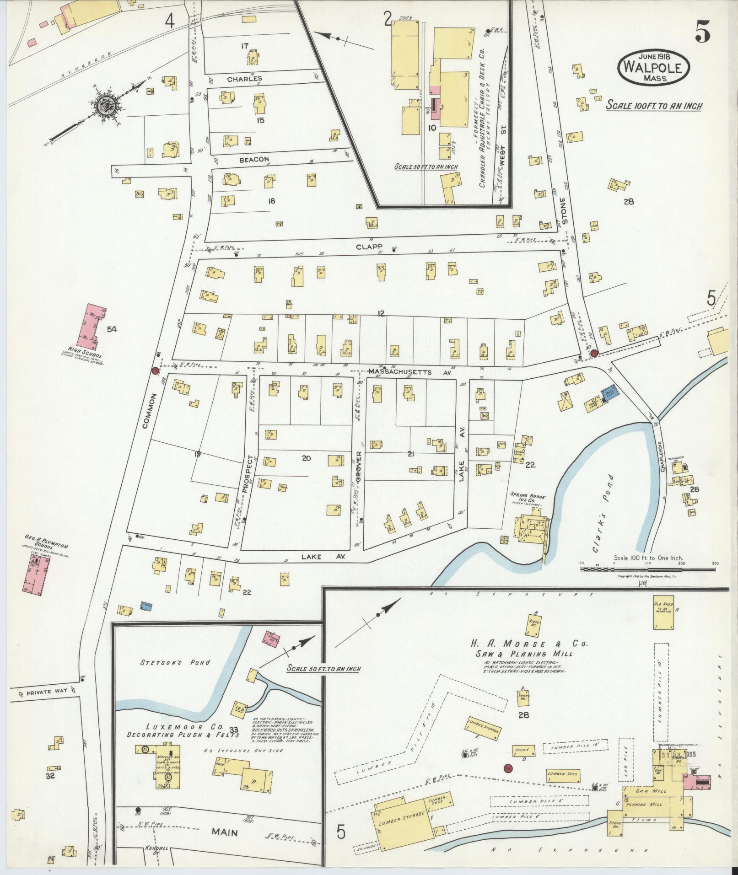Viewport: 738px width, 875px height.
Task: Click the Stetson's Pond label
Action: (x=162, y=662)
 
